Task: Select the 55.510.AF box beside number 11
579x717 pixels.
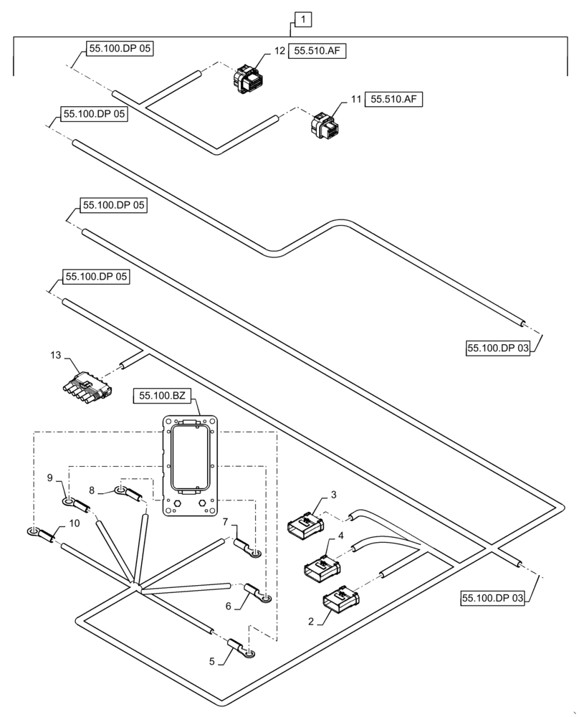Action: [394, 100]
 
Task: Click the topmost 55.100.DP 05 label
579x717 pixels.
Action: [120, 49]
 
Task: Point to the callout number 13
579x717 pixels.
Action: [57, 355]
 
